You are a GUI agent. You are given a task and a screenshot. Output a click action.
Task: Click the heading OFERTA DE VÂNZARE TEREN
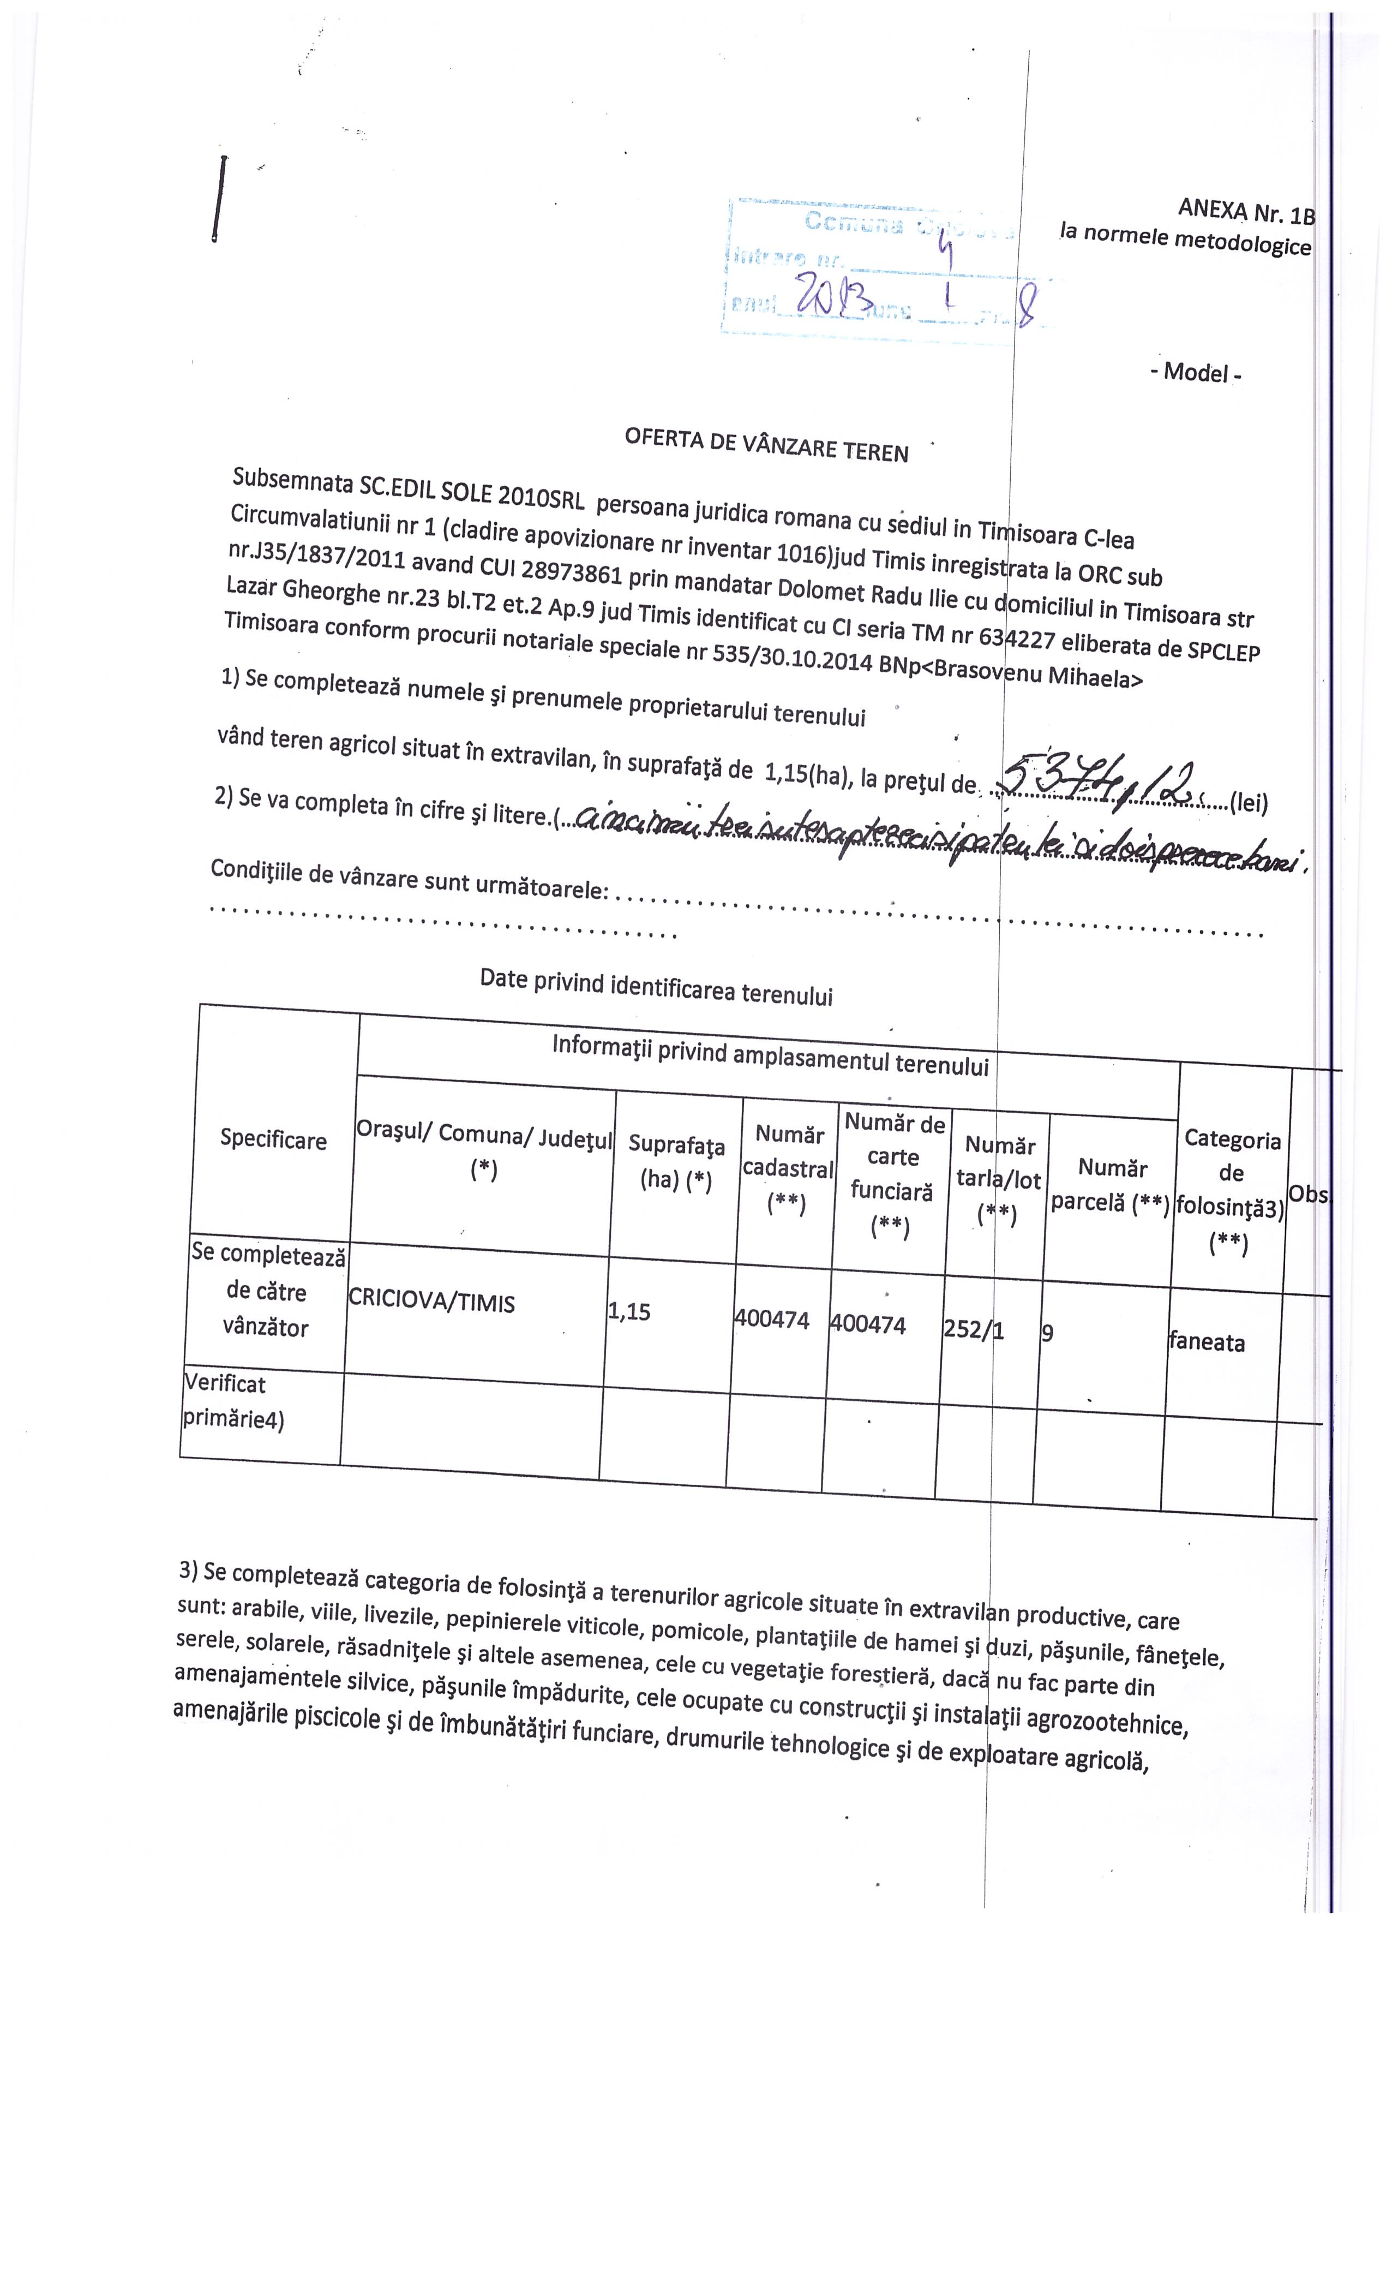tap(766, 445)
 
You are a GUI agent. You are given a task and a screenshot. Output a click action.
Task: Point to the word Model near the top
tap(1196, 372)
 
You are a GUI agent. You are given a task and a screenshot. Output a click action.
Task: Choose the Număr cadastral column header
tap(788, 1168)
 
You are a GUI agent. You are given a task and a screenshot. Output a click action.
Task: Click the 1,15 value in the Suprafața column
tap(628, 1311)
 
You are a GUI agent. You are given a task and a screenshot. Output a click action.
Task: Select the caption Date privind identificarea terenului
tap(656, 987)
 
